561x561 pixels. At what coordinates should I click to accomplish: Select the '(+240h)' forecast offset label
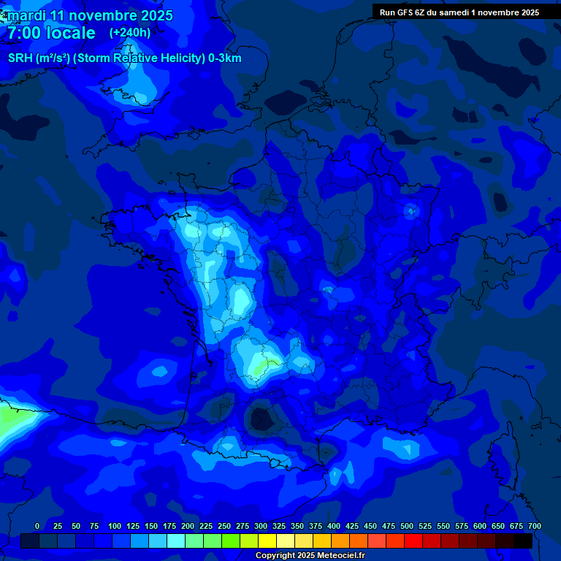130,32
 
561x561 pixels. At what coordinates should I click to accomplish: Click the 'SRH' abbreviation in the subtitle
21,58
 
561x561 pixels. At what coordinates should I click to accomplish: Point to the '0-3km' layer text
225,58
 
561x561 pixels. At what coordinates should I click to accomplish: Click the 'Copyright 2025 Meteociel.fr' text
310,556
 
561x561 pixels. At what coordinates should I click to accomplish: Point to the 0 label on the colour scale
37,527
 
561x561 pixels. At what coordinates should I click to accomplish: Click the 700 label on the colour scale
534,527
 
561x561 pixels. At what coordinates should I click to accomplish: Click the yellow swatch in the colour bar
267,541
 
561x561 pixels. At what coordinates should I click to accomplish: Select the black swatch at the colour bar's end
523,541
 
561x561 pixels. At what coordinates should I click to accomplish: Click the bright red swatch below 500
413,541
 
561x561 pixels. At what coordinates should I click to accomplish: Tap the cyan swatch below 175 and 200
176,541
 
